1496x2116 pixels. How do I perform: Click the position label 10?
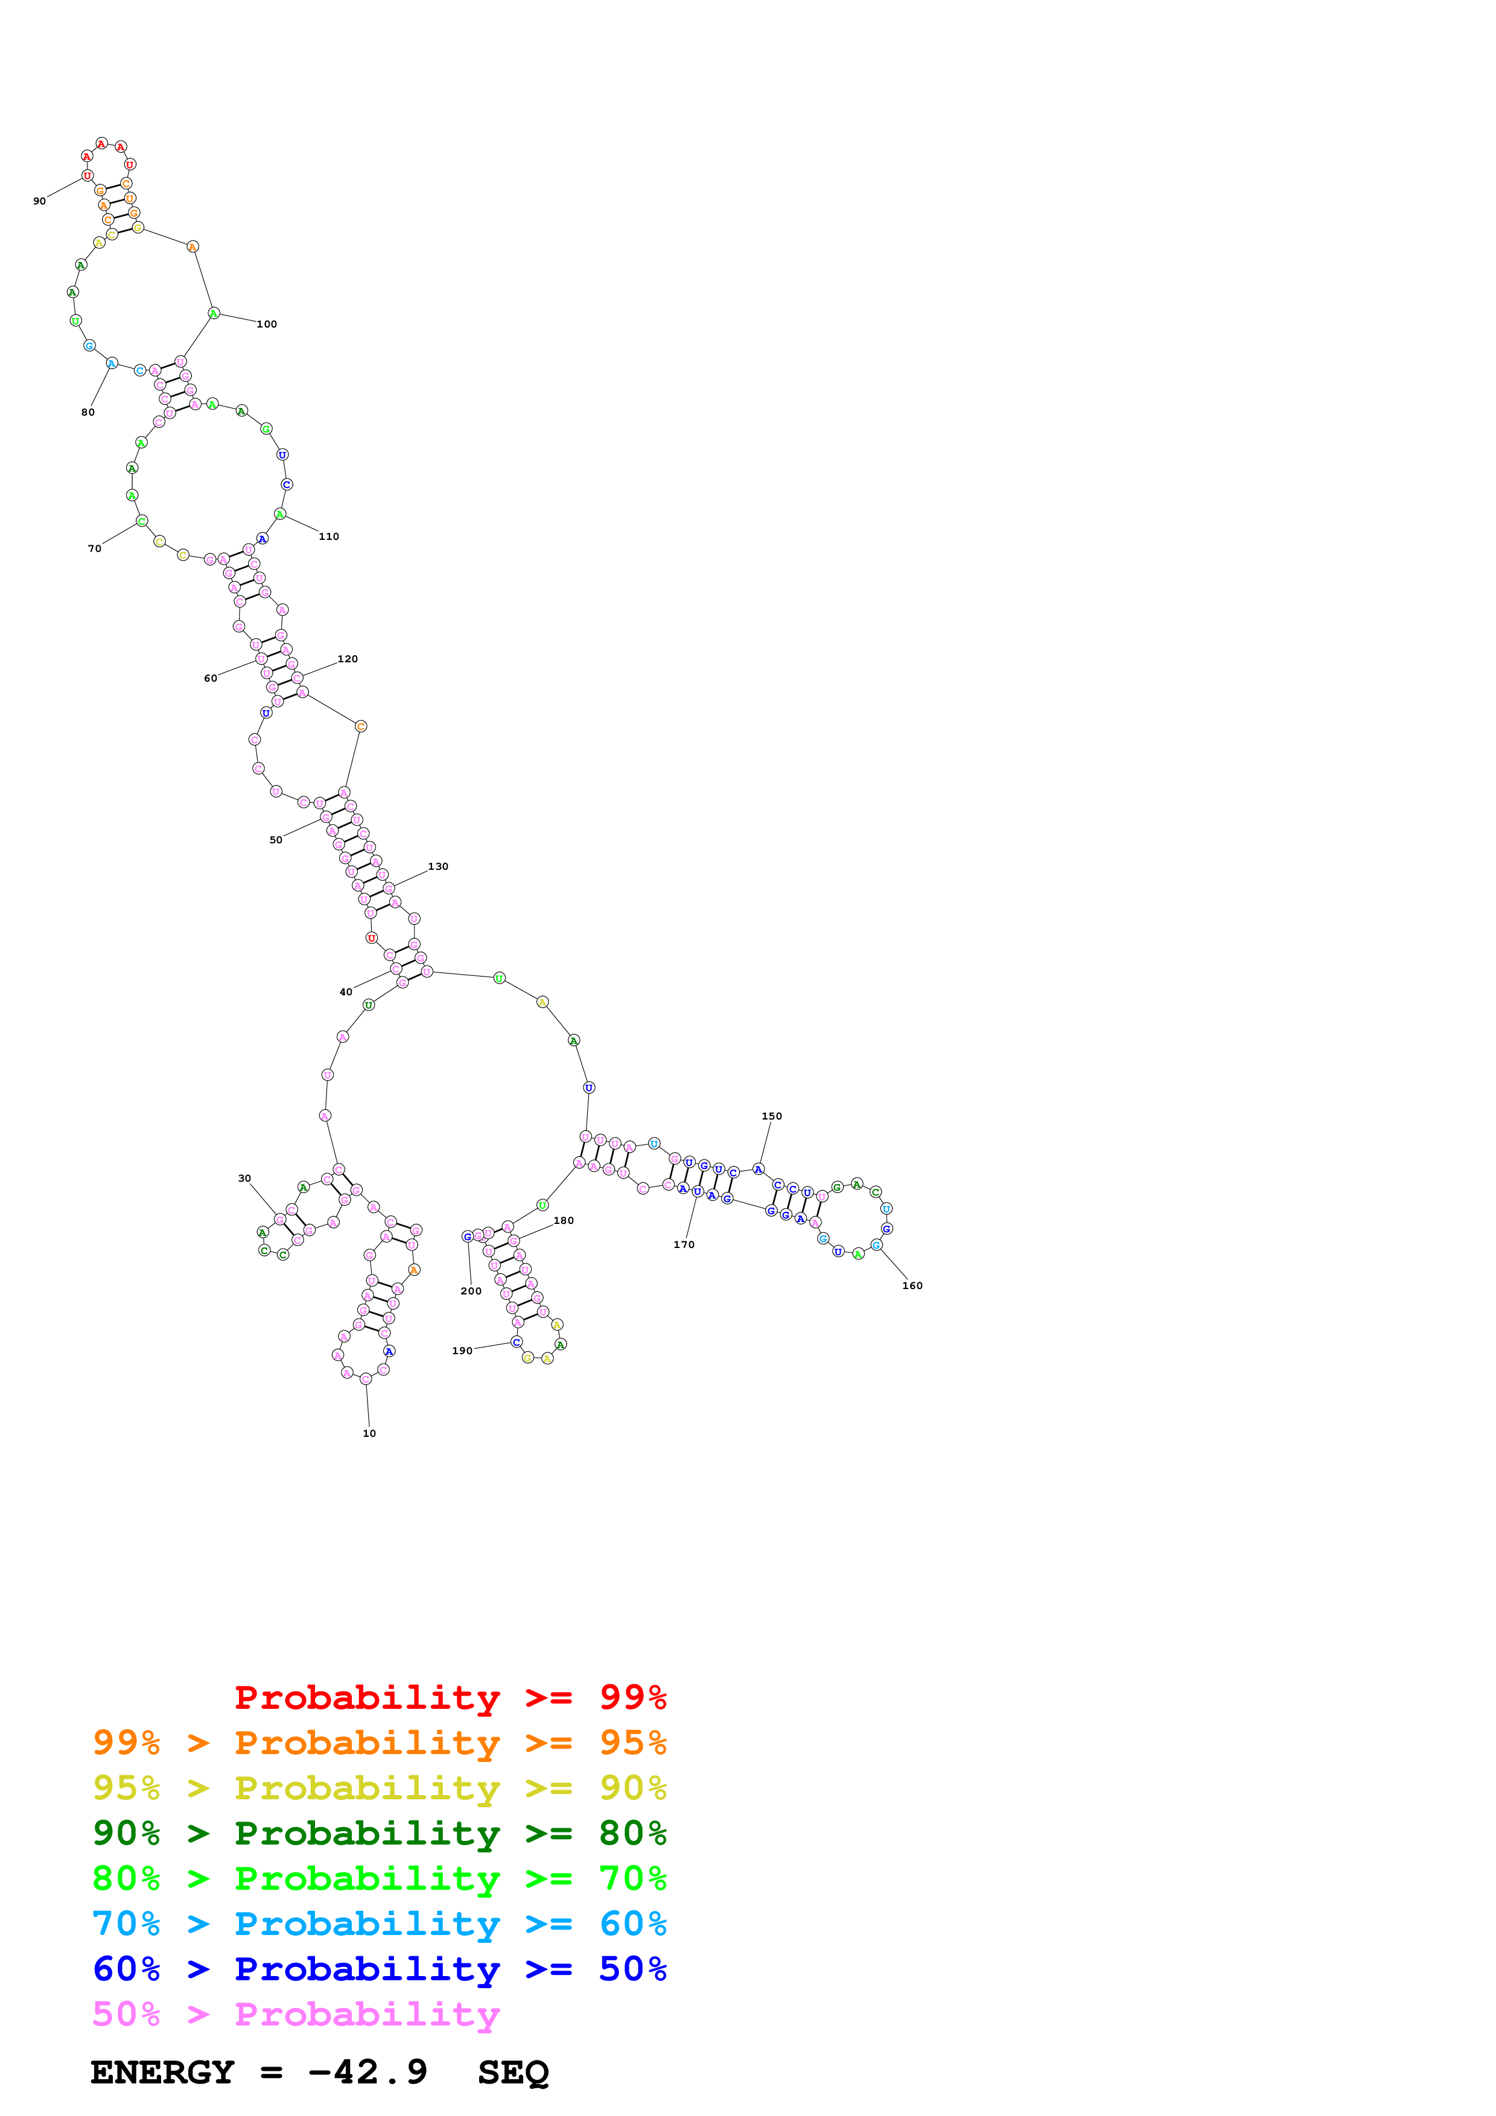point(369,1433)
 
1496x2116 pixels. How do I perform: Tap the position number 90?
point(40,201)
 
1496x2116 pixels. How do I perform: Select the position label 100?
point(266,325)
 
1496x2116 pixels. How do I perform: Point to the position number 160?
point(912,1285)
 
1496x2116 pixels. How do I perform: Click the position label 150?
point(771,1116)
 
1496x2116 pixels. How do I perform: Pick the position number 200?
point(471,1291)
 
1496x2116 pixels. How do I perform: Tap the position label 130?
point(438,866)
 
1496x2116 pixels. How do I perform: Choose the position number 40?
point(346,993)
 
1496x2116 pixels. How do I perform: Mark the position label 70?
point(94,548)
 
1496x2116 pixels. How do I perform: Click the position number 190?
point(462,1351)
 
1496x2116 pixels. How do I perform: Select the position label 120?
point(348,659)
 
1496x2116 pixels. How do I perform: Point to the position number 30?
point(244,1178)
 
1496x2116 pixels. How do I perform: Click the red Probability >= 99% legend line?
point(450,1697)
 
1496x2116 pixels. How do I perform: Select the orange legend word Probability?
point(367,1743)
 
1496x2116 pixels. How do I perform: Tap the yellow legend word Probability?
point(367,1788)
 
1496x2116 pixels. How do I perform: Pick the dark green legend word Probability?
point(367,1833)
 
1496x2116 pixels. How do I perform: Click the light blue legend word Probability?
point(367,1924)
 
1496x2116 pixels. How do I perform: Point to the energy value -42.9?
point(367,2073)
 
